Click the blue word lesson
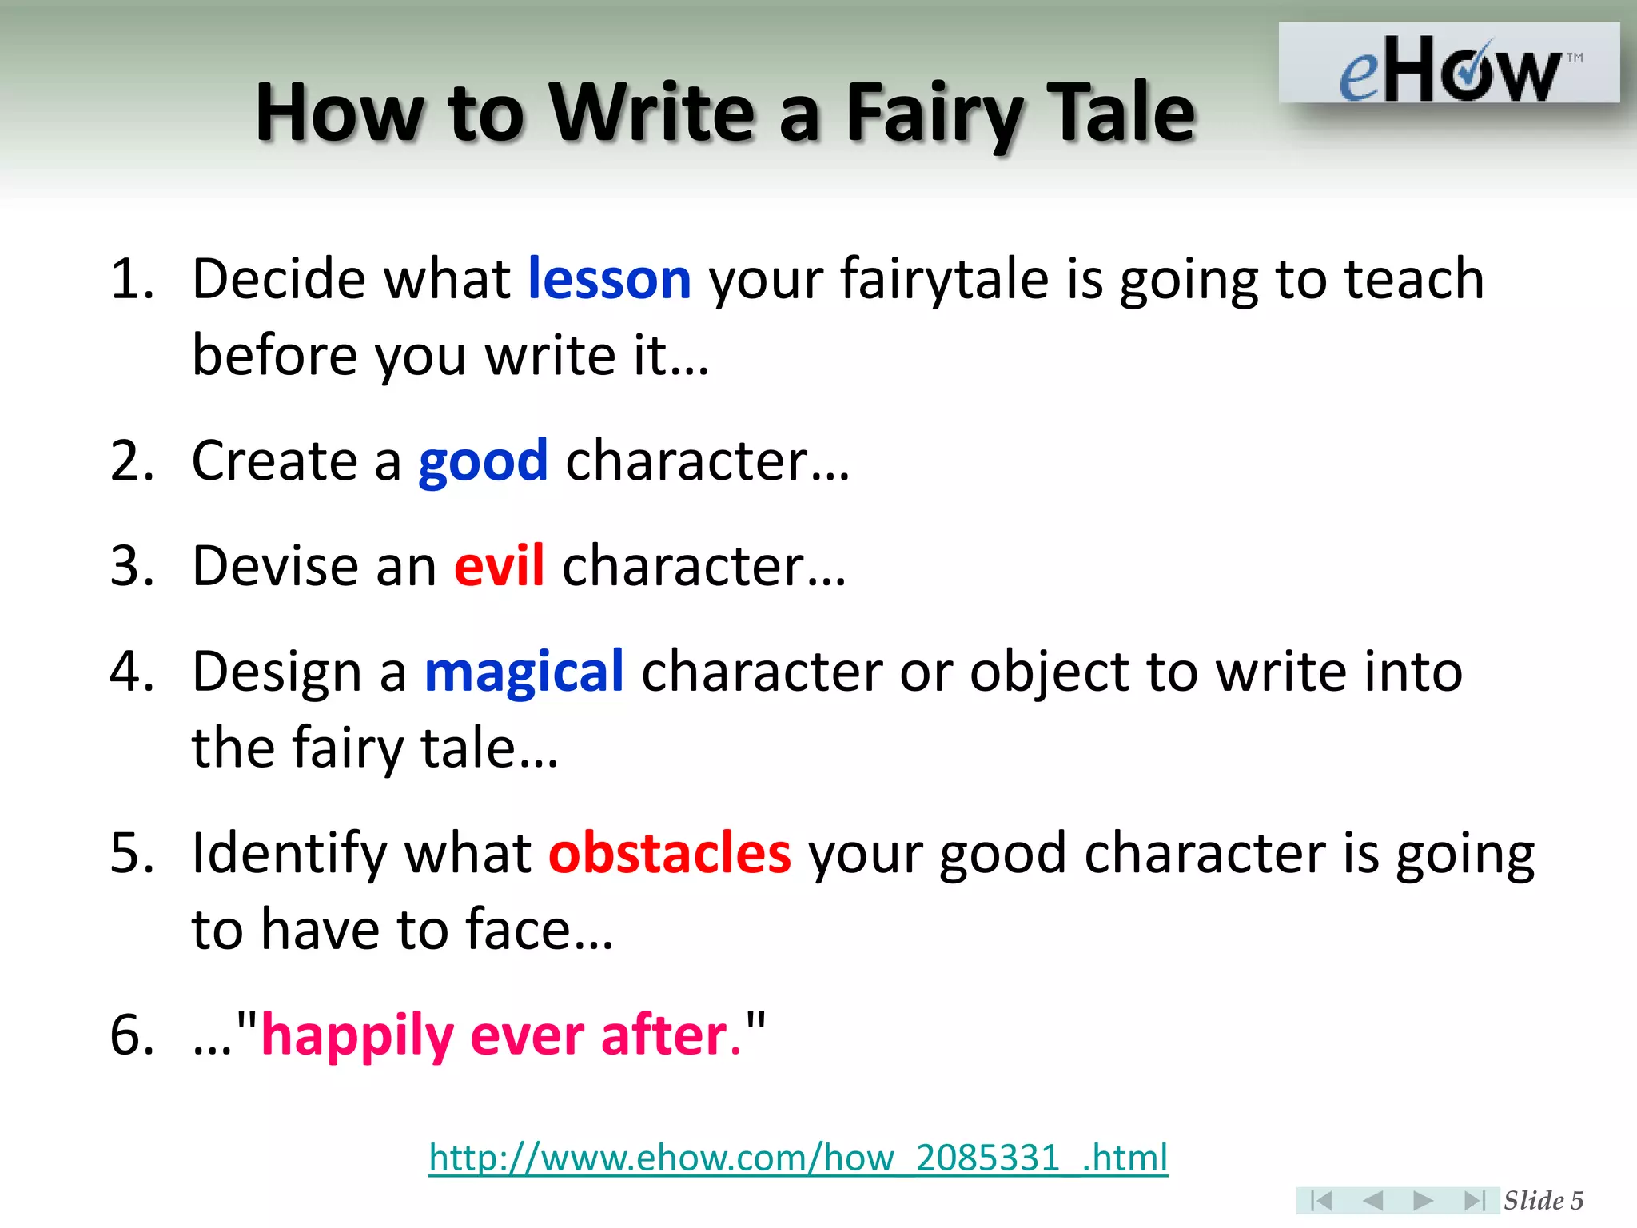coord(609,280)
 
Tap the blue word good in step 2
coord(483,462)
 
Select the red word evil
coord(499,566)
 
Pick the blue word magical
coord(524,672)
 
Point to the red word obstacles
coord(670,853)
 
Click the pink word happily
coord(357,1036)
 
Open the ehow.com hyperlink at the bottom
coord(798,1158)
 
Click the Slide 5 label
coord(1543,1200)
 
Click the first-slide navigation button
coord(1320,1200)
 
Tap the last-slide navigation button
coord(1474,1200)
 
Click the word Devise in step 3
coord(275,566)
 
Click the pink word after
coord(665,1036)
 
